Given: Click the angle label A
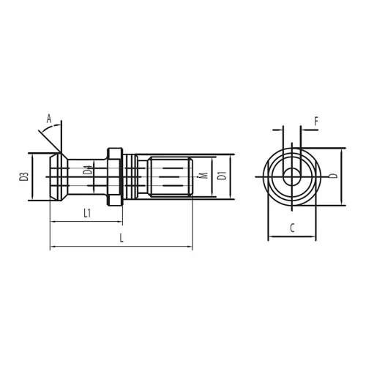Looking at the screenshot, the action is click(49, 119).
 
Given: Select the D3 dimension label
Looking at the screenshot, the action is click(24, 176).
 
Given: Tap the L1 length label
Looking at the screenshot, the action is click(87, 213).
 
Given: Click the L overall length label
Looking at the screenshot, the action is click(122, 238).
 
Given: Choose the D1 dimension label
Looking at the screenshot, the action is click(222, 176).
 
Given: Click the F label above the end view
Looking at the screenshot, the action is click(316, 122).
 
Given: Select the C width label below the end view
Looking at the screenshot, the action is click(292, 228).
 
